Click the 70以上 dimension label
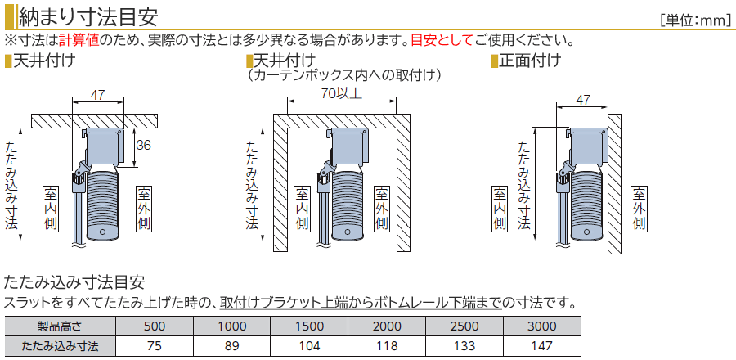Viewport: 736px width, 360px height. (342, 93)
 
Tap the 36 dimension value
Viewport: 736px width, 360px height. (144, 146)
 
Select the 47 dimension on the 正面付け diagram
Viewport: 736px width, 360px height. (582, 100)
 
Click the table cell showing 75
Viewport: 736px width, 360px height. (154, 346)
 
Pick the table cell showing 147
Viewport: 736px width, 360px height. (541, 346)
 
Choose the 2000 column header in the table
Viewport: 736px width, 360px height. (387, 326)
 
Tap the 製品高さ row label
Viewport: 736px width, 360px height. (60, 326)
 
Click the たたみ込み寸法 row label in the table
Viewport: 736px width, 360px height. (60, 346)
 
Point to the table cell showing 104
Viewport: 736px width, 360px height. (309, 346)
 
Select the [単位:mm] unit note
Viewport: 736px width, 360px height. (694, 20)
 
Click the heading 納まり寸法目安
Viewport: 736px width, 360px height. (88, 17)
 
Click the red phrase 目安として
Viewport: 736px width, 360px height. (442, 40)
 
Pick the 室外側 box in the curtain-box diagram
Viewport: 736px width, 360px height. (382, 209)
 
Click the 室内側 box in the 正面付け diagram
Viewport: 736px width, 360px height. (500, 209)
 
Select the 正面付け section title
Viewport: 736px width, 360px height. (529, 61)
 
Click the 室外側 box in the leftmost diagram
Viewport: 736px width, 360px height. (144, 209)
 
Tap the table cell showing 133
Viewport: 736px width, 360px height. (464, 346)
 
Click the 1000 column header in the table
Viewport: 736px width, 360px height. (232, 326)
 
